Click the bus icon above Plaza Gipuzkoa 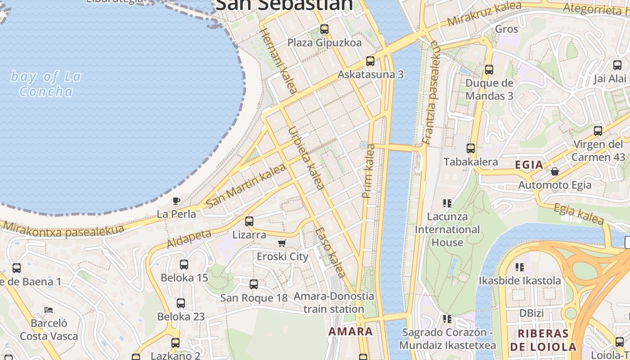coord(324,29)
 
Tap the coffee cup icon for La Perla coord(176,201)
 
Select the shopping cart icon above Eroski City coord(282,243)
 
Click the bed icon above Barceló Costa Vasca coord(49,310)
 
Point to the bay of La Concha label coord(46,84)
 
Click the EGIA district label coord(529,165)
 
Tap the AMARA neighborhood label coord(351,332)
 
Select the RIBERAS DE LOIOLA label coord(543,340)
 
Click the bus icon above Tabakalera coord(471,148)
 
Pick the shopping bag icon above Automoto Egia coord(555,171)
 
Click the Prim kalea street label coord(369,171)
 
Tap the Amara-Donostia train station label coord(333,303)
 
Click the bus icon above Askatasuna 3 coord(370,61)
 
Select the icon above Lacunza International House coord(447,203)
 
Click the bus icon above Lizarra coord(249,221)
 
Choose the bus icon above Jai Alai coord(617,65)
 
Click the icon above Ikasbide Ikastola coord(520,267)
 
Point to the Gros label coord(507,29)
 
